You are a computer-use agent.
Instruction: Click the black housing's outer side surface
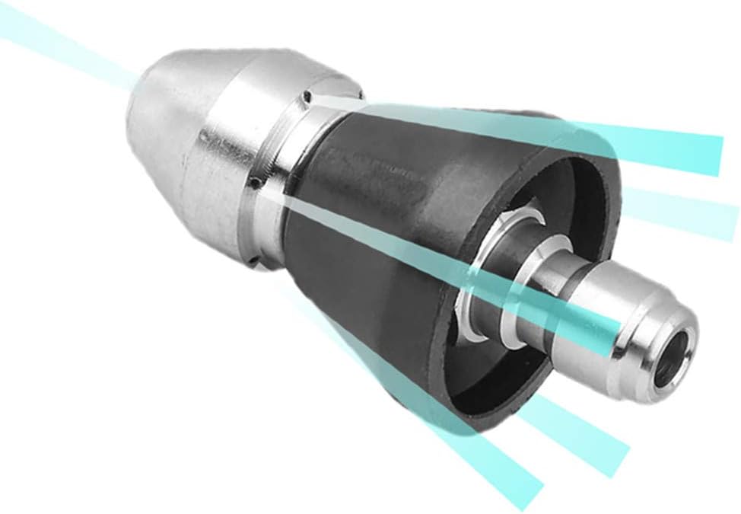[365, 251]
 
